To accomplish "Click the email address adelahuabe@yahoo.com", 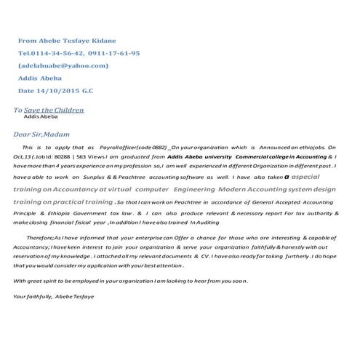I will coord(63,65).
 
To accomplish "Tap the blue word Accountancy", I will coord(70,188).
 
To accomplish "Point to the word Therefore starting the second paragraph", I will coord(41,237).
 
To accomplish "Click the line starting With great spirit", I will coord(131,280).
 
